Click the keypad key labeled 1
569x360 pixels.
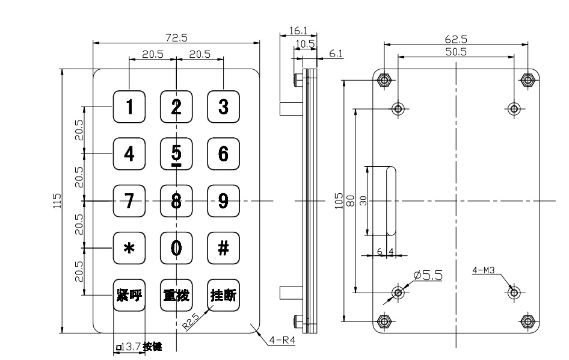[x=129, y=107]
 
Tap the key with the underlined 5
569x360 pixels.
[x=176, y=154]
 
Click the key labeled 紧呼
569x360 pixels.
[x=129, y=295]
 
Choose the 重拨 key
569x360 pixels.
[x=176, y=295]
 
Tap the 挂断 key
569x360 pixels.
[x=223, y=295]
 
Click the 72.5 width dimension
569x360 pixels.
[x=176, y=37]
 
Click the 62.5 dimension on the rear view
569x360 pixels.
[x=456, y=39]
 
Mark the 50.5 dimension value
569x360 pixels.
[x=456, y=52]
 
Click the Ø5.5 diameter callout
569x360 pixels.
[x=428, y=275]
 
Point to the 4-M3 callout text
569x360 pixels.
[x=483, y=271]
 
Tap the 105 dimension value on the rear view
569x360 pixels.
[x=339, y=200]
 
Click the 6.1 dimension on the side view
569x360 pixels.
[x=336, y=54]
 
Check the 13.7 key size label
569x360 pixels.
[x=131, y=347]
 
